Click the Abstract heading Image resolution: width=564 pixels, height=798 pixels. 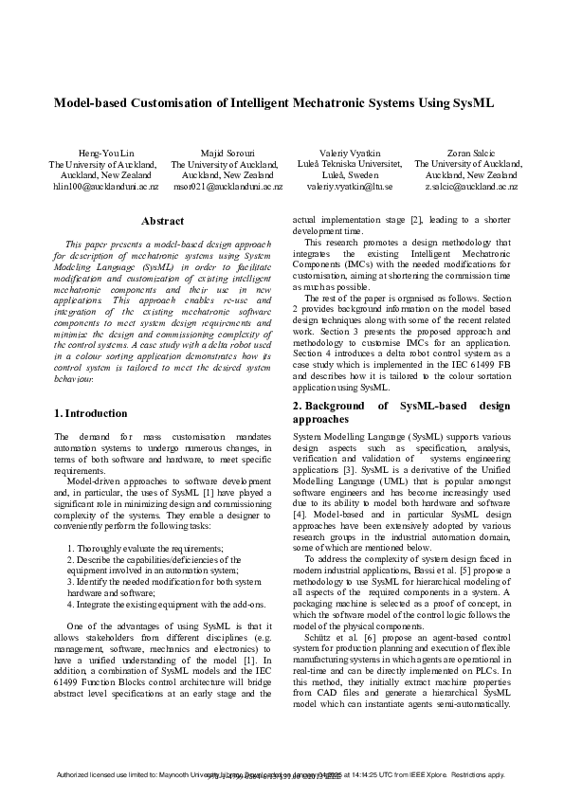[161, 221]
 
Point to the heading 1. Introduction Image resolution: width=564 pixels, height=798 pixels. [91, 413]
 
